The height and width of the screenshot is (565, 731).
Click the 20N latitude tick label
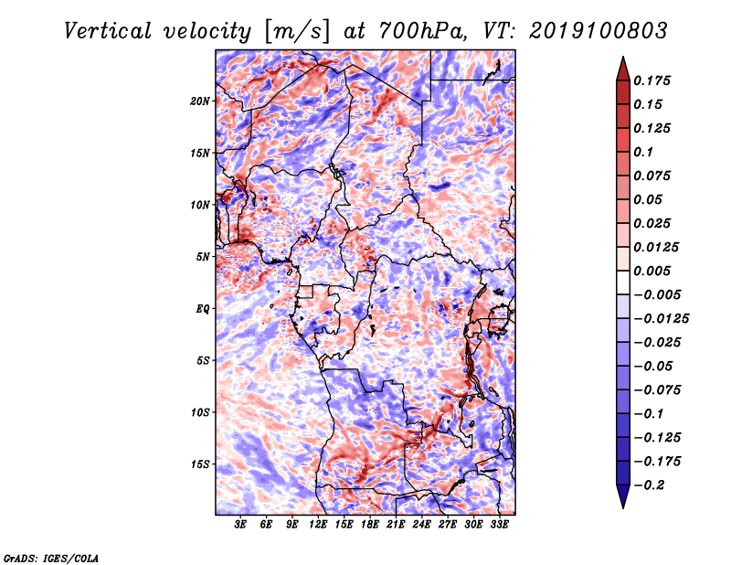tap(199, 101)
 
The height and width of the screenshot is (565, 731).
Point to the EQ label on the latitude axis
tap(203, 309)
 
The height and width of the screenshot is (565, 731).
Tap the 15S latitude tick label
tap(200, 464)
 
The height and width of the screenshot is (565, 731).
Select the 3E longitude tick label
tap(240, 525)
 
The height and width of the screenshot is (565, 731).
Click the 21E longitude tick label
tap(396, 525)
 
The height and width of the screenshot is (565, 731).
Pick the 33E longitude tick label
tap(499, 525)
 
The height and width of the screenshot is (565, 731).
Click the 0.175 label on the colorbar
tap(652, 81)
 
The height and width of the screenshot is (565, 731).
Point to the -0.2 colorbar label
tap(649, 485)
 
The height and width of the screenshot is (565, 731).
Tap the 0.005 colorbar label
tap(652, 271)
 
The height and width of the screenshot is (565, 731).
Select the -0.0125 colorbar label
tap(661, 319)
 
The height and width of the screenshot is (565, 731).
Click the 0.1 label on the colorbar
tap(643, 152)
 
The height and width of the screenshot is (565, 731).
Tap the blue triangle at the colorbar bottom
tap(623, 496)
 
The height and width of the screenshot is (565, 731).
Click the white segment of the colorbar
tap(623, 282)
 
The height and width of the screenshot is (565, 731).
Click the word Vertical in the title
tap(108, 31)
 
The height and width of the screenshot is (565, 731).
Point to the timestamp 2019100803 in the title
tap(599, 31)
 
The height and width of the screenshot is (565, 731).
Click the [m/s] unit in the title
tap(298, 31)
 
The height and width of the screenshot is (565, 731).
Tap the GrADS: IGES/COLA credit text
tap(51, 558)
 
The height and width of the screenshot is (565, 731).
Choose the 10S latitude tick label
tap(200, 413)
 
